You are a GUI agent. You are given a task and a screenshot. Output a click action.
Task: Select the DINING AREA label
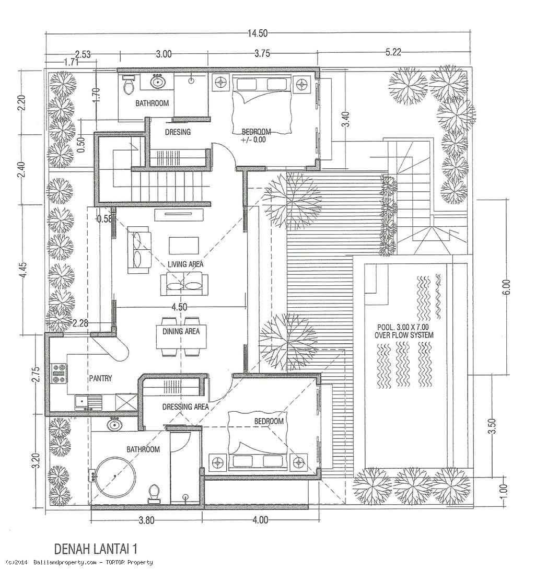[181, 331]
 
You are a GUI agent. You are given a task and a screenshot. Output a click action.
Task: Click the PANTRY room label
[100, 378]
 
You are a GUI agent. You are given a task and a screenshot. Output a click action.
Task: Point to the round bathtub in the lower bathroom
[113, 477]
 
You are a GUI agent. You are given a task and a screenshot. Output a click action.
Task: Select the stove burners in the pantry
[59, 375]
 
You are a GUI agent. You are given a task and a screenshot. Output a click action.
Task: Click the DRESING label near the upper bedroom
[177, 132]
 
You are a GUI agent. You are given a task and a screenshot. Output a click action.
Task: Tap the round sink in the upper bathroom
[157, 82]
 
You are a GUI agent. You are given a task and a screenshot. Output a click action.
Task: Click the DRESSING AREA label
[185, 407]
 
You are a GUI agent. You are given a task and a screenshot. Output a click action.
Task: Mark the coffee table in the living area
[184, 245]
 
